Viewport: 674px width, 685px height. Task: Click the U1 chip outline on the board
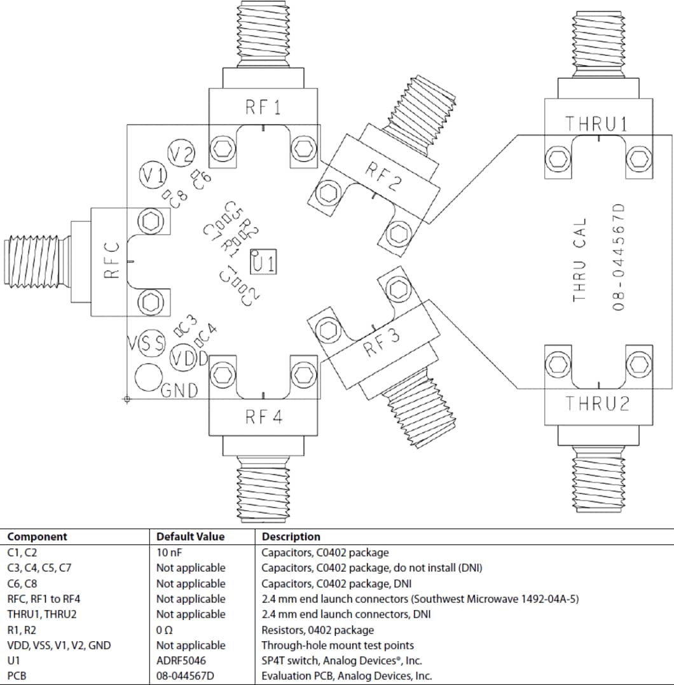click(263, 261)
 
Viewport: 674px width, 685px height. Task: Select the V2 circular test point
click(181, 153)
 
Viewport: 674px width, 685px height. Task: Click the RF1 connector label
click(263, 107)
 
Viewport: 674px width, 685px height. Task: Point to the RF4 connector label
click(263, 417)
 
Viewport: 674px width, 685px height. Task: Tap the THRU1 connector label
click(597, 124)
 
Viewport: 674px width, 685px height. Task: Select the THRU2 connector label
click(597, 403)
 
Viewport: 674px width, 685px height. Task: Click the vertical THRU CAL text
click(579, 260)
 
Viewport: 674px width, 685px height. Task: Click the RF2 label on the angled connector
click(383, 177)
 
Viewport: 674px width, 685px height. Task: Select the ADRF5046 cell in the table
click(181, 660)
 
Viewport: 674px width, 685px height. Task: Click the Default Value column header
click(190, 537)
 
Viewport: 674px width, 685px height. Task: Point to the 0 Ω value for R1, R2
click(165, 630)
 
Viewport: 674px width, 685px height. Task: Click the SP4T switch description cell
click(341, 660)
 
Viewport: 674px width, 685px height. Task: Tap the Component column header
click(37, 537)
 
